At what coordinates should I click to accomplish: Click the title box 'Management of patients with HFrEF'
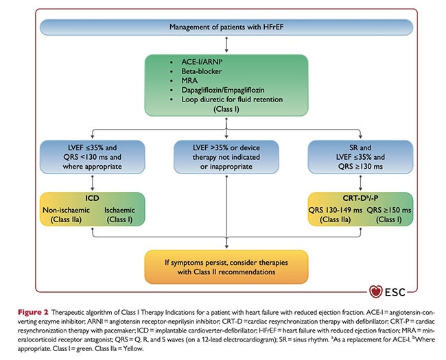pos(226,27)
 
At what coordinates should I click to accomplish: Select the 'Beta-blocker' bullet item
pos(201,71)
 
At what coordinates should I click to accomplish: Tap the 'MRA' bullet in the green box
pos(189,80)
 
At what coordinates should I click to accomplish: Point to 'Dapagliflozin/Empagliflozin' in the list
pos(223,90)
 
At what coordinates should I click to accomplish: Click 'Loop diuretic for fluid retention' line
pos(232,99)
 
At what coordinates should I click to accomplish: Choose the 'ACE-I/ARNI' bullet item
pos(202,62)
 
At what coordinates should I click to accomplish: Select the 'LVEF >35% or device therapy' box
pos(226,157)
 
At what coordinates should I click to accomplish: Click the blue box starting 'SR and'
pos(360,157)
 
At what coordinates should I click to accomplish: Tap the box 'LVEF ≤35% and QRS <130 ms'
pos(92,157)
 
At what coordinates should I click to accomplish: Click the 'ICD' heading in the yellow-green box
pos(92,198)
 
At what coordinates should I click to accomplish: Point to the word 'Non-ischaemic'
pos(66,210)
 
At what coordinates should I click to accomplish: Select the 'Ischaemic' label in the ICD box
pos(119,210)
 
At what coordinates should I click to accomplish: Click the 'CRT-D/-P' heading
pos(360,198)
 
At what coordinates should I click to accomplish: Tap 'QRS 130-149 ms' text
pos(336,210)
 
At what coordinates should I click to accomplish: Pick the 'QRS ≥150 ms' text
pos(389,210)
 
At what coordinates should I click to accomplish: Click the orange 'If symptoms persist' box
pos(226,267)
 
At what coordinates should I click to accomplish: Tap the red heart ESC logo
pos(375,291)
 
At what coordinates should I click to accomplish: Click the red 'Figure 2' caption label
pos(33,312)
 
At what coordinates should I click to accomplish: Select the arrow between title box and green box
pos(226,45)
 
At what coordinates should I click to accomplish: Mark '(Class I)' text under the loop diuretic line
pos(226,109)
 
